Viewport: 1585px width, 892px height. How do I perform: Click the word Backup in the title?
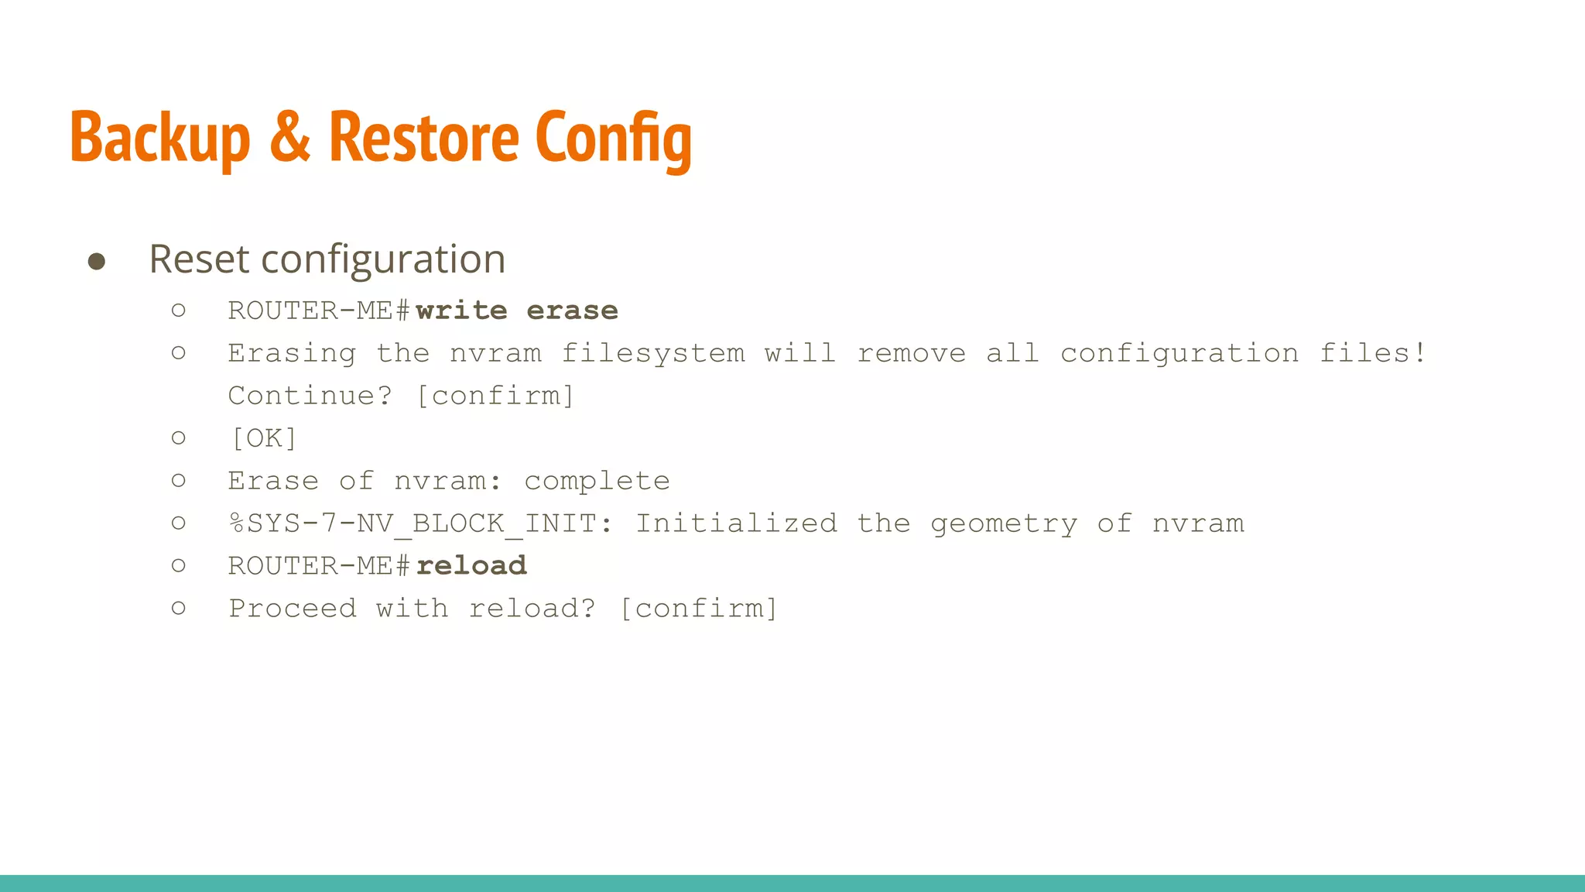click(x=159, y=138)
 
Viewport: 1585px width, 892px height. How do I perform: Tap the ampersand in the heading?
click(x=290, y=138)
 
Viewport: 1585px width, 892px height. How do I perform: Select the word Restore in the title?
click(x=423, y=138)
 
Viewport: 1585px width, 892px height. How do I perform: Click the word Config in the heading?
click(x=613, y=138)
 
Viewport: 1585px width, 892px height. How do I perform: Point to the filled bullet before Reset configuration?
click(x=97, y=261)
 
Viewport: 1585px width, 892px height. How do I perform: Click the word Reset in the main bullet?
click(x=198, y=259)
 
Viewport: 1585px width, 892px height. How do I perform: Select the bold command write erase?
click(x=517, y=310)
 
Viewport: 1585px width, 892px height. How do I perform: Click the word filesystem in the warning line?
click(x=653, y=353)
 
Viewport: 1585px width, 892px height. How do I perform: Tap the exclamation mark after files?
click(x=1420, y=353)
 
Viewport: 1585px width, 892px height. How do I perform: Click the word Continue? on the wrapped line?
click(x=310, y=396)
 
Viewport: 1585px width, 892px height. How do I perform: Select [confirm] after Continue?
click(x=495, y=396)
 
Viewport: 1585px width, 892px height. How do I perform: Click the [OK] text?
click(x=264, y=438)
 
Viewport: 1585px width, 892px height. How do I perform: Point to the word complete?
click(x=597, y=481)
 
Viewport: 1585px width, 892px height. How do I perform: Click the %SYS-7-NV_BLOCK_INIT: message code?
click(x=420, y=523)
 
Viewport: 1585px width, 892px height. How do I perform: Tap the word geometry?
click(x=1004, y=524)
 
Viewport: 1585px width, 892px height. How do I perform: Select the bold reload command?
click(x=471, y=566)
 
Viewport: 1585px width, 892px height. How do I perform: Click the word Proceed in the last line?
click(x=293, y=609)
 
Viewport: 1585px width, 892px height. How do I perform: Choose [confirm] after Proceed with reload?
click(x=699, y=609)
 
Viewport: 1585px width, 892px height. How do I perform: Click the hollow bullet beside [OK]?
click(x=179, y=438)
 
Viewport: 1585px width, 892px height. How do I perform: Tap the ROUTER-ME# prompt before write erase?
click(x=319, y=310)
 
